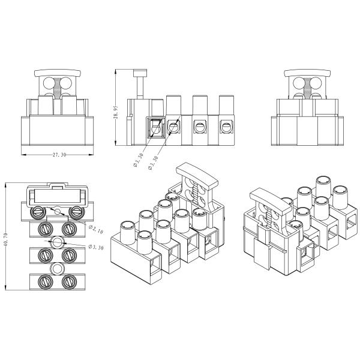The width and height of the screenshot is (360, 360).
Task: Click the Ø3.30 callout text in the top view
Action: click(x=97, y=247)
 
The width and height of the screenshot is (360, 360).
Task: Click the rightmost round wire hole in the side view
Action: click(x=226, y=127)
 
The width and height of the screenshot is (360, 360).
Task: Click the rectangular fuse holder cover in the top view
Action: click(x=58, y=195)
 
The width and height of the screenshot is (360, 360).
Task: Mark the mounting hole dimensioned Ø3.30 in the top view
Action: click(x=57, y=242)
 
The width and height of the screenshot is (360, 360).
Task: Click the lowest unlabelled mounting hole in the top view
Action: click(x=57, y=268)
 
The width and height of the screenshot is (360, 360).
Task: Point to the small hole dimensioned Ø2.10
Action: click(x=57, y=211)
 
